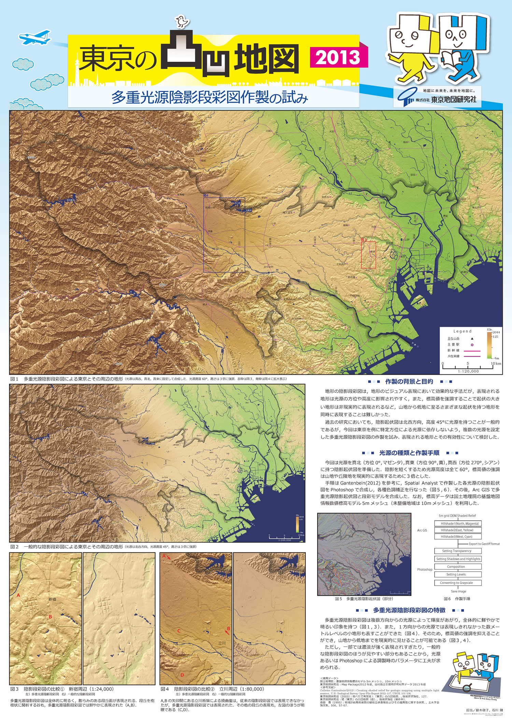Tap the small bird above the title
[182, 21]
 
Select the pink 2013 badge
[338, 57]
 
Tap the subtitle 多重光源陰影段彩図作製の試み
[210, 98]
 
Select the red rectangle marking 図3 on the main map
[368, 255]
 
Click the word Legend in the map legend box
[462, 331]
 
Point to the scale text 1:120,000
[468, 371]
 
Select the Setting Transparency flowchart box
[456, 551]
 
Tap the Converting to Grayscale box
[456, 583]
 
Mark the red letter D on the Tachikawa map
[182, 675]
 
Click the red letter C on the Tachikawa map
[179, 631]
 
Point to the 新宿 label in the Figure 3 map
[52, 599]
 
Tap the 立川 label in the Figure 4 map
[222, 643]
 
